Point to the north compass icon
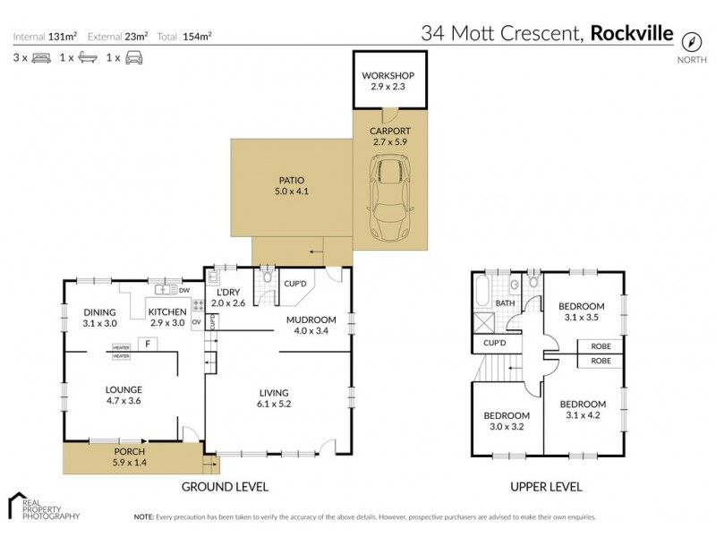691,41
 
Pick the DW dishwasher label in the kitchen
183,290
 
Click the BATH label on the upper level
506,303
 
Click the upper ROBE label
601,346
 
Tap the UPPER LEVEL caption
546,487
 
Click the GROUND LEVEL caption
225,487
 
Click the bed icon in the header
40,58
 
